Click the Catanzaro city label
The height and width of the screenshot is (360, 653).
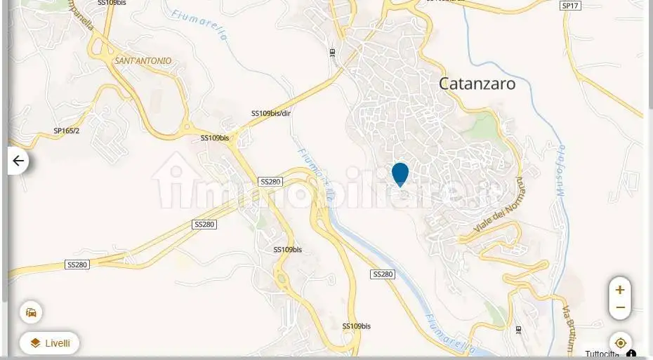point(477,84)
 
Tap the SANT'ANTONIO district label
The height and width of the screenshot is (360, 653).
point(143,61)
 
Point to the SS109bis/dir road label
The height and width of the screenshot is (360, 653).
point(270,113)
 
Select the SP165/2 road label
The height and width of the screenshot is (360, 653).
point(67,131)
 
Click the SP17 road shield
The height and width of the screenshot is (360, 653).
point(570,6)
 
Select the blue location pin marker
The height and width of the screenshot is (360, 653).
point(400,173)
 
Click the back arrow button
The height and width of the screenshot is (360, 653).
point(18,161)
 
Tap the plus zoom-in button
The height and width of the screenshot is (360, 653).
point(620,289)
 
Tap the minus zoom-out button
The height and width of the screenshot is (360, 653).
point(620,307)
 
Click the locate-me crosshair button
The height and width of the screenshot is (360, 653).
point(620,343)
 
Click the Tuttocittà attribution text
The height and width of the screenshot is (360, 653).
point(603,354)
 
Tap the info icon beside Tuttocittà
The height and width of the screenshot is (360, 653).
point(631,354)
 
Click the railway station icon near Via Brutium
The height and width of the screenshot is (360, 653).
point(518,329)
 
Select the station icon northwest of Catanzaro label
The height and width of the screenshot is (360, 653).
point(332,52)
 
